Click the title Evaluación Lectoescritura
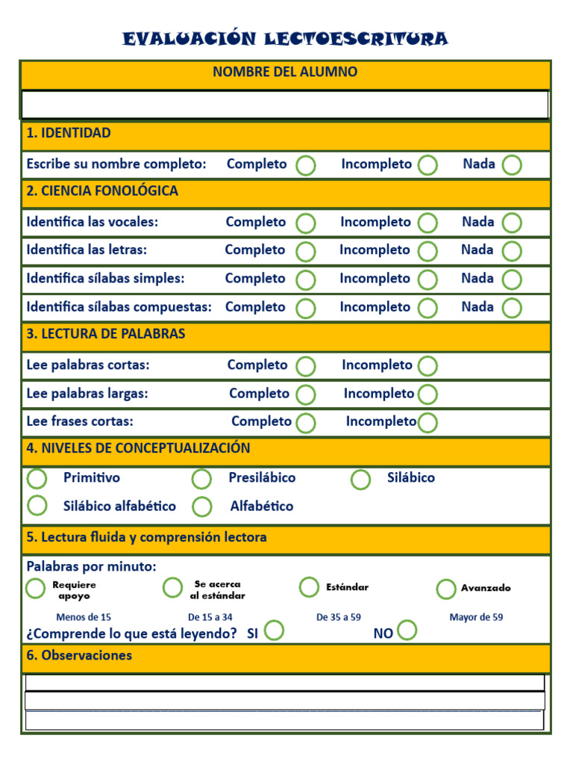click(286, 39)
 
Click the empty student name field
click(285, 104)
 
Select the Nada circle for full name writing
click(512, 165)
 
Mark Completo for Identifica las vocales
click(306, 223)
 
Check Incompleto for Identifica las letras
click(428, 251)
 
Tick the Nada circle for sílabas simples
click(512, 279)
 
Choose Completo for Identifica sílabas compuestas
click(306, 308)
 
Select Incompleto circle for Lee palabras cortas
click(428, 366)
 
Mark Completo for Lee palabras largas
click(306, 394)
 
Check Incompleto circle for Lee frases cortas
click(428, 423)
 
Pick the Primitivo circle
click(37, 479)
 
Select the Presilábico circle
click(201, 479)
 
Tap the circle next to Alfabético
click(201, 507)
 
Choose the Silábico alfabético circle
click(37, 506)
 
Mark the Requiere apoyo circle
click(35, 589)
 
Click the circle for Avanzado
click(446, 589)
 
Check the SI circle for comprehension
click(274, 631)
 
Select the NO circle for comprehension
click(407, 631)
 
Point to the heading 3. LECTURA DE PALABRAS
click(106, 334)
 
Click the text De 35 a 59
click(339, 618)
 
